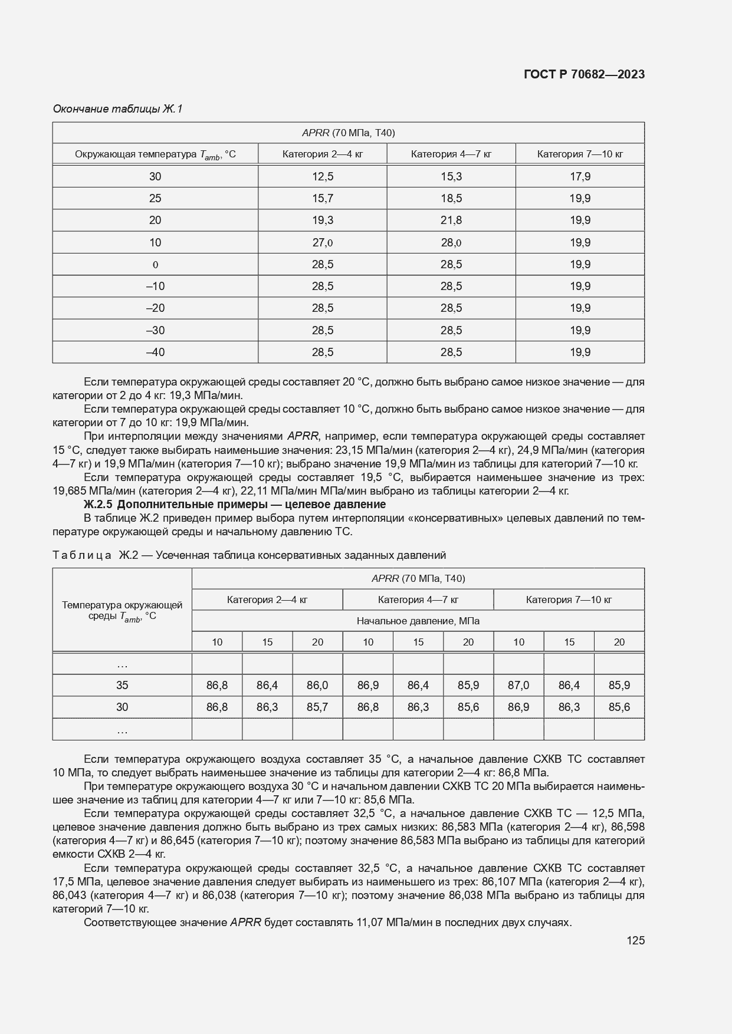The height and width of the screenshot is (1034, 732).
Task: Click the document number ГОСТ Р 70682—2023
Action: click(x=584, y=74)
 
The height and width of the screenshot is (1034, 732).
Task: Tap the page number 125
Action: click(x=636, y=940)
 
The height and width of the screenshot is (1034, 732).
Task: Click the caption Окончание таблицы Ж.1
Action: click(x=118, y=108)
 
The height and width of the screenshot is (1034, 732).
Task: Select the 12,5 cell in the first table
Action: click(x=323, y=176)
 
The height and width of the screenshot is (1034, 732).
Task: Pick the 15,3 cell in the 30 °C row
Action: click(x=451, y=176)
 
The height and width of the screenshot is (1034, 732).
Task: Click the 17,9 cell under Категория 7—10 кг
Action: click(x=580, y=176)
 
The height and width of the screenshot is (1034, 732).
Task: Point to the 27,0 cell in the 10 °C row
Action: click(x=323, y=242)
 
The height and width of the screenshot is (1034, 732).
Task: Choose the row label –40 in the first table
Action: click(x=155, y=352)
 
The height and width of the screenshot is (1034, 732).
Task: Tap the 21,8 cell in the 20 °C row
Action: click(x=451, y=220)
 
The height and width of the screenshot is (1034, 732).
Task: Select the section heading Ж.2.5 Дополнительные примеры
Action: click(x=235, y=505)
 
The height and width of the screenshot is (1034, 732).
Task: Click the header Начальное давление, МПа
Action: click(x=418, y=621)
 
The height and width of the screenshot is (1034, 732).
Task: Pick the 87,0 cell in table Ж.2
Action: click(x=518, y=685)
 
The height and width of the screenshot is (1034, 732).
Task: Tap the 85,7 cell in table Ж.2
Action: click(x=317, y=707)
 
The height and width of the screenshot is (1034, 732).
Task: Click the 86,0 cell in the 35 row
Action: click(x=317, y=685)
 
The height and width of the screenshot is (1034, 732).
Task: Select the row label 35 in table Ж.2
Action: click(x=122, y=685)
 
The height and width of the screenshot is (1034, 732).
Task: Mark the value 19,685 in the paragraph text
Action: click(x=69, y=491)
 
